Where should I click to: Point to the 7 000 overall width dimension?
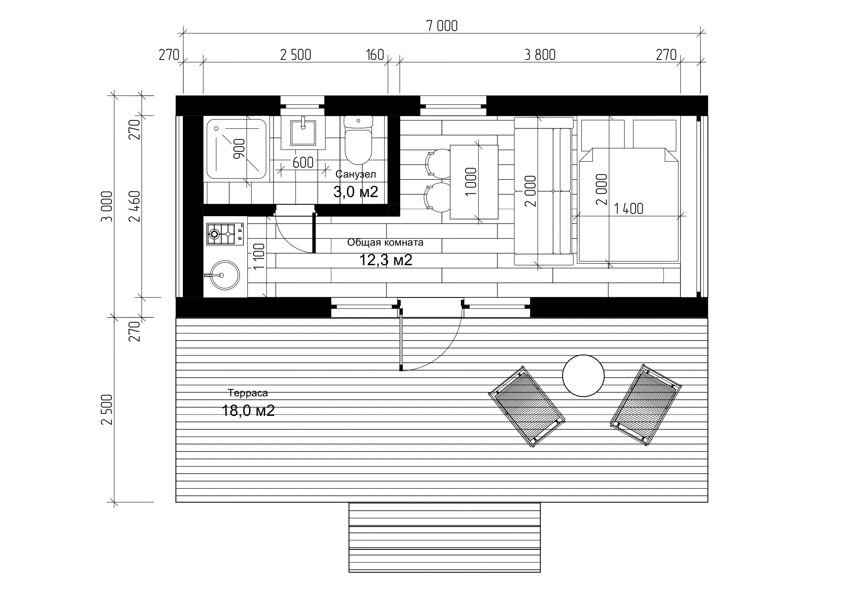(x=442, y=26)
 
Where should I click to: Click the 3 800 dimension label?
(x=540, y=55)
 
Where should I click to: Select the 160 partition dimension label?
(x=375, y=55)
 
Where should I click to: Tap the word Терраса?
(x=248, y=393)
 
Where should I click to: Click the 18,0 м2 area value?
(x=248, y=411)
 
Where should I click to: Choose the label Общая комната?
(x=385, y=242)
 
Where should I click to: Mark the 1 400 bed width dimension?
(x=629, y=209)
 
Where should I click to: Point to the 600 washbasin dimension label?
(x=303, y=162)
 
